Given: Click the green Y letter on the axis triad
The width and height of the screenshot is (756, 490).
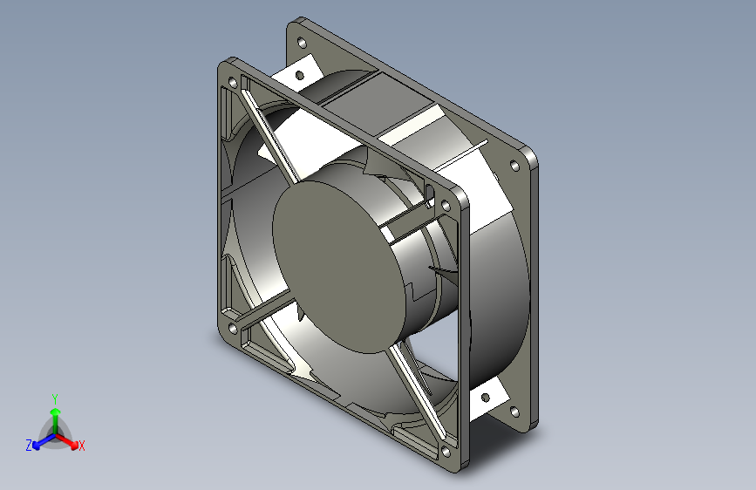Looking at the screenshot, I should pyautogui.click(x=55, y=397).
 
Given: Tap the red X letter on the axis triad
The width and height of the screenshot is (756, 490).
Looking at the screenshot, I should pyautogui.click(x=82, y=446).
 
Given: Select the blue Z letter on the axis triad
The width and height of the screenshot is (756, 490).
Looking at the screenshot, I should pyautogui.click(x=29, y=446).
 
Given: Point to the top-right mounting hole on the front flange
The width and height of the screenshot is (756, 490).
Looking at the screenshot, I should pyautogui.click(x=446, y=206).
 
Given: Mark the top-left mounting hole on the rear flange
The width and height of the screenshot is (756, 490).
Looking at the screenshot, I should pyautogui.click(x=302, y=41).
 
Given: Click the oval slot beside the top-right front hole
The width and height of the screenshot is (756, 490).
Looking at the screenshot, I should pyautogui.click(x=428, y=194).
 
